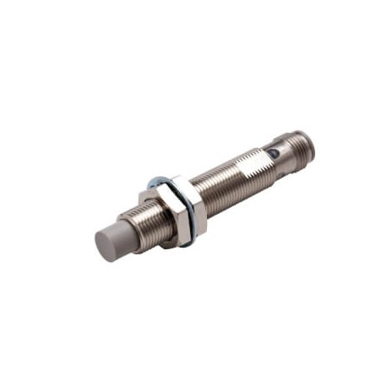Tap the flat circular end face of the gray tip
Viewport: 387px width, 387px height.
click(105, 245)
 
